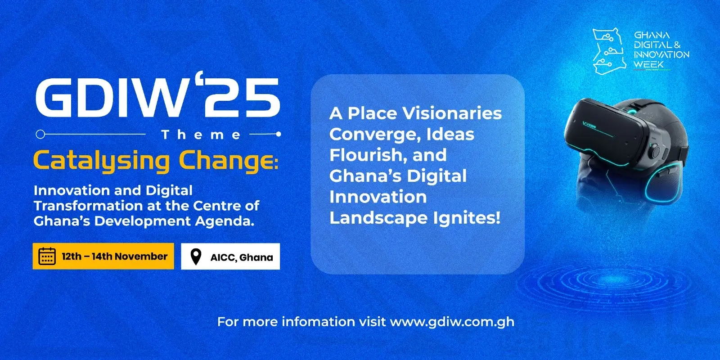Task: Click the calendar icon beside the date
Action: [x=47, y=256]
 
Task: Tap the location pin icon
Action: [x=196, y=256]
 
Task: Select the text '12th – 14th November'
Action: [x=115, y=256]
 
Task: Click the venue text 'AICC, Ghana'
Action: [x=242, y=257]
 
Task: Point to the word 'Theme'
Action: [x=201, y=135]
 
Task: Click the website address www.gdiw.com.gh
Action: [x=452, y=322]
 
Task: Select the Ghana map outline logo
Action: [x=609, y=51]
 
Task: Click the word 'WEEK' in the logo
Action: [x=648, y=65]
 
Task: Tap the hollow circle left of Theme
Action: [x=40, y=134]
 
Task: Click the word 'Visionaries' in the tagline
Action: [x=452, y=113]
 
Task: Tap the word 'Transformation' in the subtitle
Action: [x=88, y=206]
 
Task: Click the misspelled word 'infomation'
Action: [x=318, y=322]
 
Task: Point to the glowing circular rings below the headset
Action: [x=605, y=283]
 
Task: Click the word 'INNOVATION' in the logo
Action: [x=661, y=54]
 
